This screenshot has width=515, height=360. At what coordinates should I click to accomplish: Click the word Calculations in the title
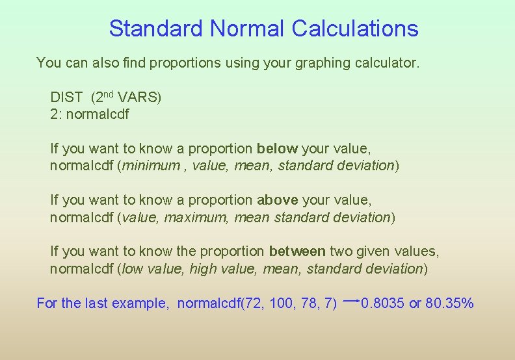pos(355,29)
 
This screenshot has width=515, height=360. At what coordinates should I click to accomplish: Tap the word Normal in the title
pos(247,29)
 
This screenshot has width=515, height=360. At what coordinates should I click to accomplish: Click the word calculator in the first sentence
pos(389,63)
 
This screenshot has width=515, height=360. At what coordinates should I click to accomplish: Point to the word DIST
pos(66,98)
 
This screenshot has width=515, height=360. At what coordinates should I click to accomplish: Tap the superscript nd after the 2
pos(109,95)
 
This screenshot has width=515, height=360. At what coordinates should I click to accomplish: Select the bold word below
pos(277,149)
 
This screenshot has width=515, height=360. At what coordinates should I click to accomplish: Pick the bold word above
pos(278,201)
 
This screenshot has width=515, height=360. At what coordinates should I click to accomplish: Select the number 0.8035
pos(383,303)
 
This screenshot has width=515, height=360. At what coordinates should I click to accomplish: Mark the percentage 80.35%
pos(449,303)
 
